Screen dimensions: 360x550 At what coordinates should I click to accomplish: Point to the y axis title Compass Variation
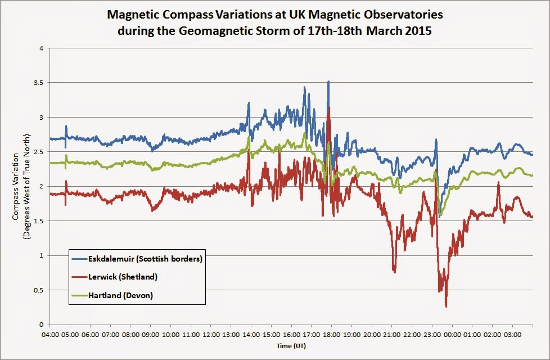tap(19, 186)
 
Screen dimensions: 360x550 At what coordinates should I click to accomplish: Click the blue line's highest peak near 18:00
tap(328, 82)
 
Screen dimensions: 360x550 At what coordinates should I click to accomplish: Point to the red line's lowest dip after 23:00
tap(446, 306)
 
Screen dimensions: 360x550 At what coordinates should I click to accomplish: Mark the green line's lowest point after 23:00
tap(440, 215)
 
